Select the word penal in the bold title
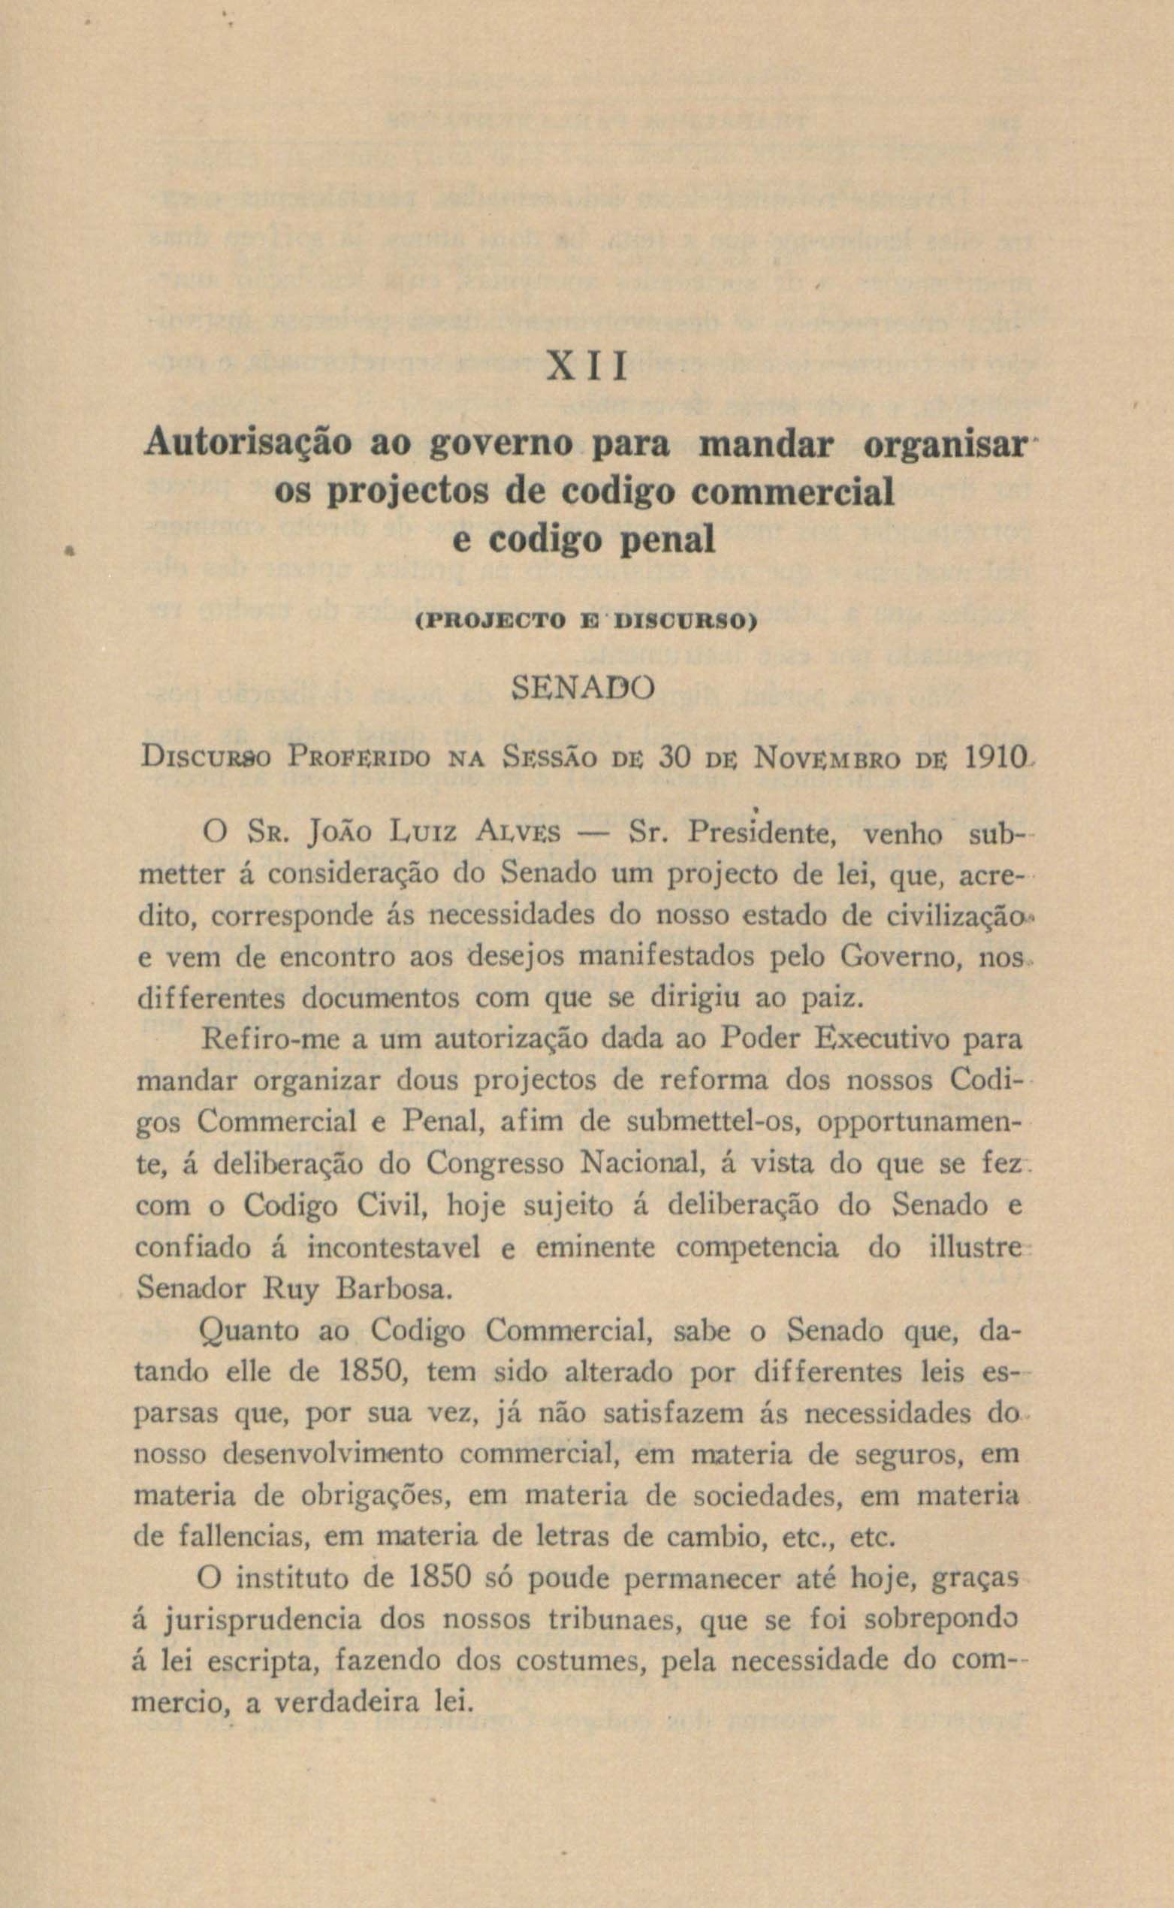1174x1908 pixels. coord(668,539)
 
